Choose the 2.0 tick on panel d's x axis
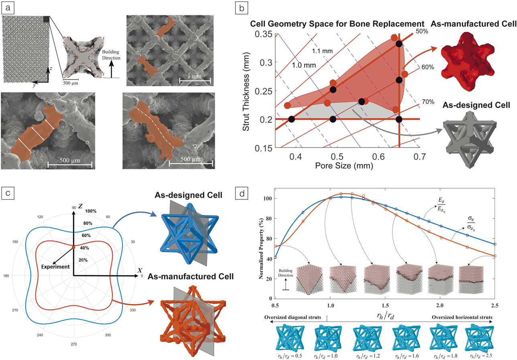pos(440,305)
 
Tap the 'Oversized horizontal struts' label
pos(462,317)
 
